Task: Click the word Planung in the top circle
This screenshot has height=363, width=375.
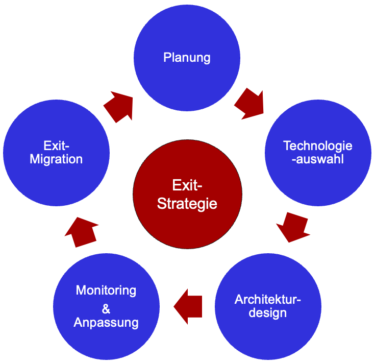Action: tap(187, 57)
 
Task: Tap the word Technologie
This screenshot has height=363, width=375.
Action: tap(318, 146)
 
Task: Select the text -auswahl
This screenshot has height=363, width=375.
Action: tap(318, 159)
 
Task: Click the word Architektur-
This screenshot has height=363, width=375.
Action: tap(268, 300)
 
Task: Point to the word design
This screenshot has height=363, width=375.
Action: tap(268, 312)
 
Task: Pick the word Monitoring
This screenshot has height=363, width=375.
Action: tap(106, 291)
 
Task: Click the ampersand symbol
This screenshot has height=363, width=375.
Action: tap(106, 308)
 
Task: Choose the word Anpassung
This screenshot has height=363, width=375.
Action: tap(106, 323)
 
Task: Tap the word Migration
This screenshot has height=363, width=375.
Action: tap(56, 159)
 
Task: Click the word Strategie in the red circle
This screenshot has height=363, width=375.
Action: tap(187, 204)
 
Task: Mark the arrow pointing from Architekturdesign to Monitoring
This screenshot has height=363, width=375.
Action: tap(188, 306)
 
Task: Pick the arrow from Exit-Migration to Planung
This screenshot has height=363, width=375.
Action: tap(118, 106)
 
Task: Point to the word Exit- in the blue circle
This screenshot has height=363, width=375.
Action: tap(56, 145)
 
